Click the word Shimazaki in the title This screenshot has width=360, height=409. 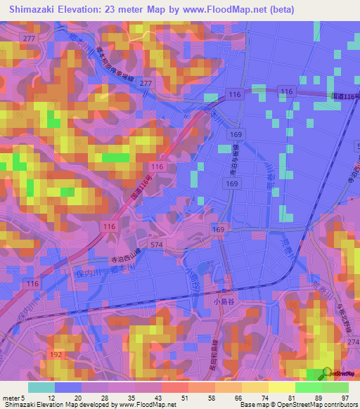click(37, 10)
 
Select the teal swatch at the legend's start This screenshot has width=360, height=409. click(41, 387)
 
